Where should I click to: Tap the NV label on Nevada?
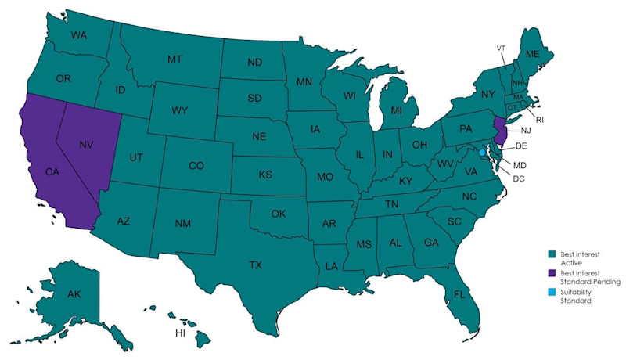tap(87, 145)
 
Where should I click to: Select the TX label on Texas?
tap(255, 265)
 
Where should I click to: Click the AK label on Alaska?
tap(74, 294)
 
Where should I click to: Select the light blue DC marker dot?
tap(482, 154)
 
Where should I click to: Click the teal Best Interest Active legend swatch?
tap(552, 254)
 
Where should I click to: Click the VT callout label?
tap(501, 48)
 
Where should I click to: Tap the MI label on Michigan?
tap(397, 110)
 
